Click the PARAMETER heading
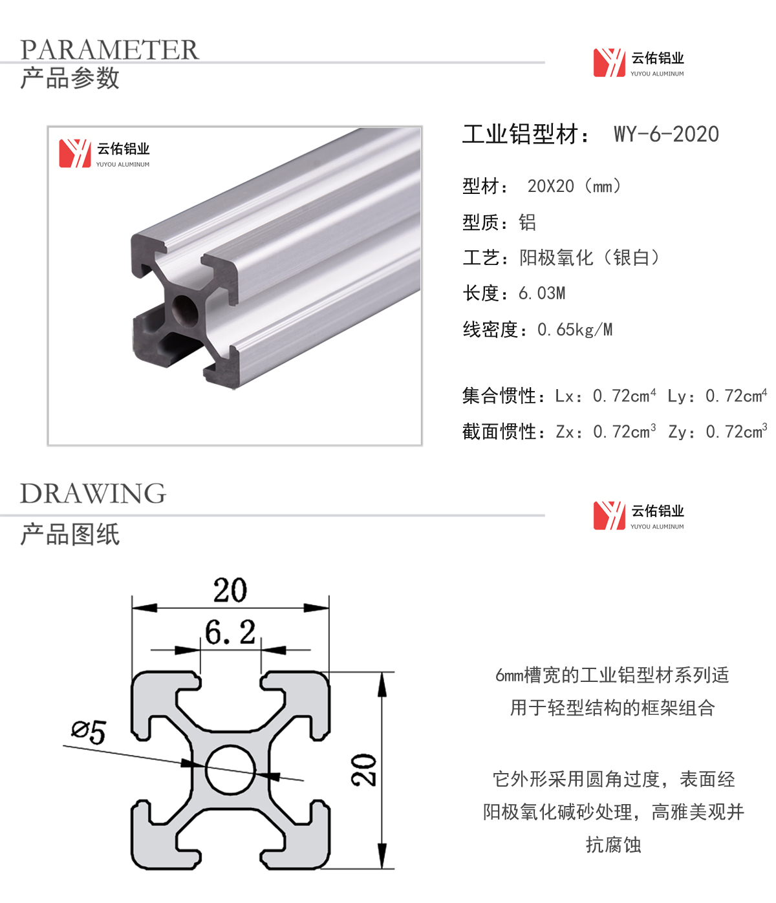[x=109, y=50]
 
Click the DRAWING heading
[x=93, y=494]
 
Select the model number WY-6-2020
[x=666, y=134]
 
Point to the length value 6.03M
[x=542, y=293]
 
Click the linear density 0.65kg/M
[x=575, y=330]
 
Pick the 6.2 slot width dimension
[x=230, y=632]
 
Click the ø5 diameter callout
[x=89, y=732]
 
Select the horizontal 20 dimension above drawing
[x=230, y=590]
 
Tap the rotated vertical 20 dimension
[x=363, y=770]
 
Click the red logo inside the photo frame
[x=75, y=153]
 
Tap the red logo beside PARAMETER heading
[x=609, y=63]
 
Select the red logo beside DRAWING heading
[x=609, y=516]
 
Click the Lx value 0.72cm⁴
[x=624, y=396]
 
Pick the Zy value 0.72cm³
[x=737, y=431]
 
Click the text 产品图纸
[x=70, y=534]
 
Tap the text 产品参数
[x=70, y=78]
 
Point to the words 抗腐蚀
[x=614, y=845]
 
